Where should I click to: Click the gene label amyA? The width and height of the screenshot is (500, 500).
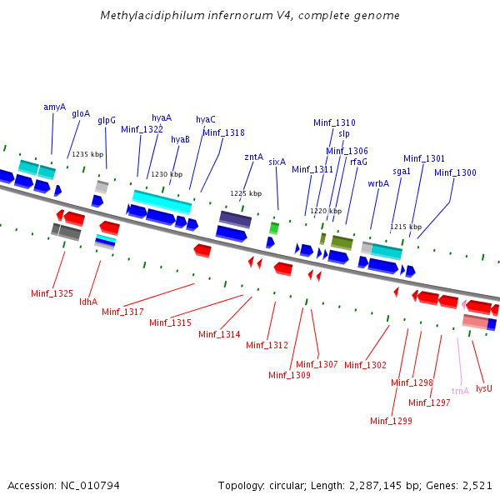pos(54,107)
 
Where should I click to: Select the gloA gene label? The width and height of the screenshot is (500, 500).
pos(81,113)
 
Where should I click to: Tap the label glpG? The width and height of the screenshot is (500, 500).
pos(107,120)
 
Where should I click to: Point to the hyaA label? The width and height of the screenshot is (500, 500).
pos(162,117)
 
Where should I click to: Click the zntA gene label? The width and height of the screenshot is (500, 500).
pos(254,156)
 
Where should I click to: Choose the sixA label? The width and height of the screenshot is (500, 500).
pos(277,162)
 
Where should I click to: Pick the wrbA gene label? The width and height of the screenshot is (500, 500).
pos(378,183)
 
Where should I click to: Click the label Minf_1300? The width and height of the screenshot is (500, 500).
pos(455,172)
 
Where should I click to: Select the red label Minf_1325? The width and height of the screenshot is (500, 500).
pos(52,293)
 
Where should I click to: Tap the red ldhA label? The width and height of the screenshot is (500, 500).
pos(88,302)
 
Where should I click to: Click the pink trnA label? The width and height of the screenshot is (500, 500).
pos(460,390)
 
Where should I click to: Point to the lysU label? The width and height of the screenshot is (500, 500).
pos(484,388)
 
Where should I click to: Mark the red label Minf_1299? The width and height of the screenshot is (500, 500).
pos(391,421)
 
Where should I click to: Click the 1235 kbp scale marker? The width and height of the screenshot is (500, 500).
pos(87,154)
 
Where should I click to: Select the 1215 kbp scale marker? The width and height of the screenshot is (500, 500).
pos(406,227)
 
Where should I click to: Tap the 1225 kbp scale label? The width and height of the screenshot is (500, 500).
pos(246,193)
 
